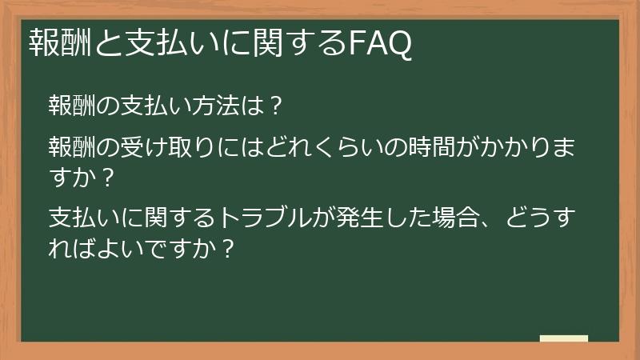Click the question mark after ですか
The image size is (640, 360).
[x=226, y=246]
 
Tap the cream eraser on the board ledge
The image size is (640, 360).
[x=564, y=338]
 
